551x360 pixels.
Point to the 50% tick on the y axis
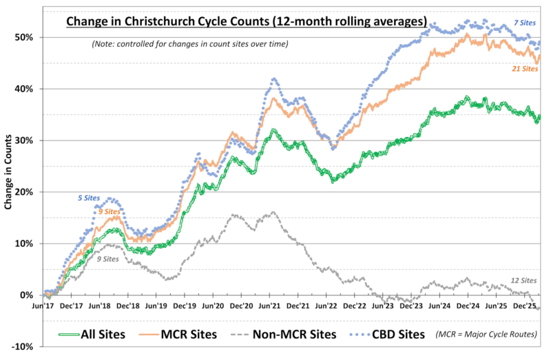tap(28, 36)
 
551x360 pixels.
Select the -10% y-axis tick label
tap(26, 347)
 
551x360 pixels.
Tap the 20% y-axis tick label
tap(28, 191)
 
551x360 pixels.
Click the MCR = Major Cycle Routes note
tap(490, 335)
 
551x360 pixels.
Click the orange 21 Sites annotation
tap(525, 69)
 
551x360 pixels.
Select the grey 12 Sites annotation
tap(525, 280)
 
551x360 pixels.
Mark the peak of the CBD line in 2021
tap(274, 79)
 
